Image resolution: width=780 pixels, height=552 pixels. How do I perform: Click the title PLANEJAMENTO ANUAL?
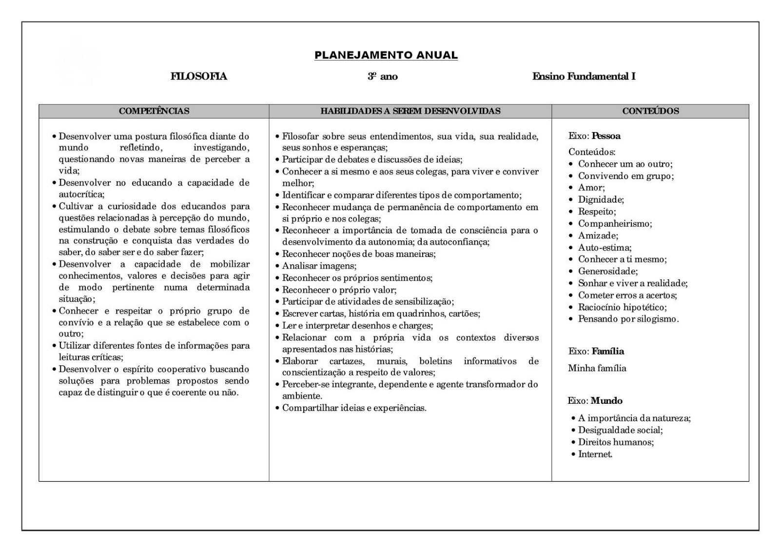coord(386,55)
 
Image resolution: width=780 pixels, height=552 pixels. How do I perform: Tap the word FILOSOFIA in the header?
coord(198,77)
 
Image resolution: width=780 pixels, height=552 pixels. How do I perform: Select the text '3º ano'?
coord(383,77)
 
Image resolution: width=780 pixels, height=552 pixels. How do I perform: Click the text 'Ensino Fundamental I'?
coord(584,77)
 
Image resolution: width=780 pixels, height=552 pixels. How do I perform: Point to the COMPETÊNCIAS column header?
coord(154,111)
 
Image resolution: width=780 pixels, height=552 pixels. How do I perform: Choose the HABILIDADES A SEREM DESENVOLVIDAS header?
coord(410,111)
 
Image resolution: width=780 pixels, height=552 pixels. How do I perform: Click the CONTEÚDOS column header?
coord(650,111)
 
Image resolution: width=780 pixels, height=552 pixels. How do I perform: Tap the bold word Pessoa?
coord(606,136)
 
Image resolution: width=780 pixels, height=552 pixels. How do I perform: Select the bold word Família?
coord(607,352)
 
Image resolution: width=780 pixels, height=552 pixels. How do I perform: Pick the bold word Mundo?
coord(606,401)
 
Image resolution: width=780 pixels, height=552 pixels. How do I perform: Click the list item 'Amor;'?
coord(591,188)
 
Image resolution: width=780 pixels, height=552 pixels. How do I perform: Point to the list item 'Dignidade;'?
coord(601,199)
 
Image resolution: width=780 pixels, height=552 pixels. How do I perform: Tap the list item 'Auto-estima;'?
coord(604,248)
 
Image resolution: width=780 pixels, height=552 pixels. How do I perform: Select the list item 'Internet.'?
coord(595,454)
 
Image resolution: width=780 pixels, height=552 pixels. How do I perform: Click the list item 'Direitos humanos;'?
coord(616,442)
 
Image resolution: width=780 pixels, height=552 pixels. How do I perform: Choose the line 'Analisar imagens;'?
coord(319,266)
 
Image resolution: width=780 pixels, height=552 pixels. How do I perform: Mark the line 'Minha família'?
coord(597,369)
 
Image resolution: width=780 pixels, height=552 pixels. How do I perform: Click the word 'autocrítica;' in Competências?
coord(81,195)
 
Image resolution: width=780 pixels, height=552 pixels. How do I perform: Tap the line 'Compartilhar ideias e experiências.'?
coord(354,408)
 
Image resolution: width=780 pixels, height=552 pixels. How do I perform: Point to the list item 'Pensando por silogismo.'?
coord(628,319)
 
